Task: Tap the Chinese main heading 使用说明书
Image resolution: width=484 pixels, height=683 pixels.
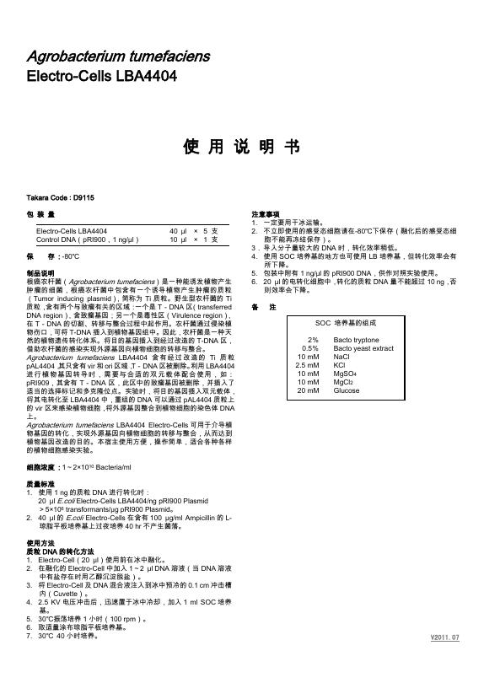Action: tap(241, 147)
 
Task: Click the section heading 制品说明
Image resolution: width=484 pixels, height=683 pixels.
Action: tap(40, 273)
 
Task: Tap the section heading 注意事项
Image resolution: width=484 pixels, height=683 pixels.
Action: tap(266, 215)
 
